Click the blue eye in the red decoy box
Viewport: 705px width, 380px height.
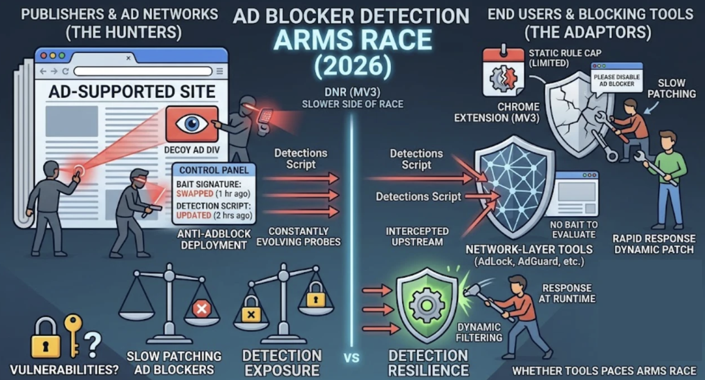tap(192, 123)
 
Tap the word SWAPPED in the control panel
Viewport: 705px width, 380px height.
tap(195, 194)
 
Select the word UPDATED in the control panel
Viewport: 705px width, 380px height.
tap(194, 215)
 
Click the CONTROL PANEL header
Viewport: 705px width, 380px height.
tap(214, 170)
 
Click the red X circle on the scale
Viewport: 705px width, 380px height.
tap(202, 309)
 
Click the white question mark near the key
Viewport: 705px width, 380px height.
tap(93, 345)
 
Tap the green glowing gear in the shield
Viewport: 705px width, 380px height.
tap(427, 305)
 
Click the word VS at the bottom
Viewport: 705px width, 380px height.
tap(352, 358)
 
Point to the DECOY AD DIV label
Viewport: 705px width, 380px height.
tap(191, 150)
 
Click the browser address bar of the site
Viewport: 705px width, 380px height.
tap(143, 71)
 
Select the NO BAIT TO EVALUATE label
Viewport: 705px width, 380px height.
tap(574, 230)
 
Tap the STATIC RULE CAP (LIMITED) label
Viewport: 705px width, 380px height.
tap(565, 58)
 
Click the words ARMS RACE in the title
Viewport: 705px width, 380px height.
tap(353, 40)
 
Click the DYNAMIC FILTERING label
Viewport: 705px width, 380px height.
tap(479, 332)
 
